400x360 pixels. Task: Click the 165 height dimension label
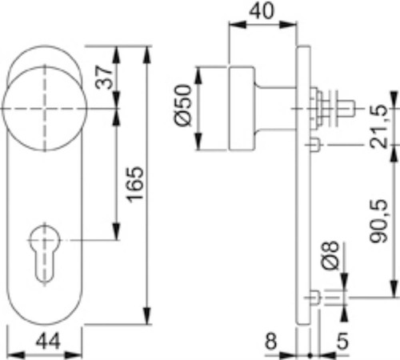[x=135, y=184]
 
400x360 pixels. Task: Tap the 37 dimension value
[x=104, y=77]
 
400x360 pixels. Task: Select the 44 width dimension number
[x=49, y=342]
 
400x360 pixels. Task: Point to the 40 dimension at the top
[x=262, y=11]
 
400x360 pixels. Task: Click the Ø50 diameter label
[x=183, y=105]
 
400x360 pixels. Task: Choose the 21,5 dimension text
[x=378, y=126]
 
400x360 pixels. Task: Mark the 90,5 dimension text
[x=378, y=221]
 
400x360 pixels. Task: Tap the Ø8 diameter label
[x=330, y=255]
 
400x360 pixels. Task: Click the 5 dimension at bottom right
[x=342, y=341]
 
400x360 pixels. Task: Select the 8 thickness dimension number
[x=271, y=341]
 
